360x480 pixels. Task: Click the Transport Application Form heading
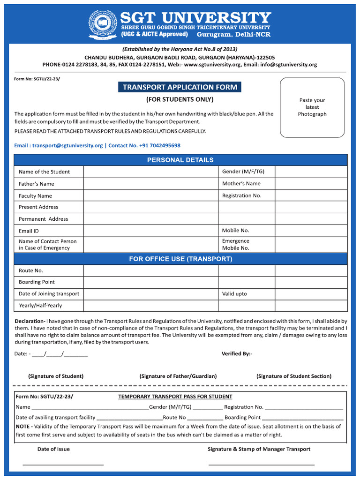point(180,87)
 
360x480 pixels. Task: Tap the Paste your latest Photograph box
point(312,107)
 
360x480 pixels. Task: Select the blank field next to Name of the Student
point(150,172)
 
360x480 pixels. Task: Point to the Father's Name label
point(37,184)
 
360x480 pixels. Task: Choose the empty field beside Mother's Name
point(311,184)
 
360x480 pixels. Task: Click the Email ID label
point(29,231)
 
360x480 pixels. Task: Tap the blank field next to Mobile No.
point(311,231)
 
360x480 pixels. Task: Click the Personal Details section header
point(180,160)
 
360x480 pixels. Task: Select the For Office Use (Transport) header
point(180,259)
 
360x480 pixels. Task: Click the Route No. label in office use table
point(31,270)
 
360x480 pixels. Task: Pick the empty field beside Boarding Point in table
point(150,282)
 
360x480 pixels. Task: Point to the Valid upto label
point(234,294)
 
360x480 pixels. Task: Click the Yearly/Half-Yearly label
point(40,306)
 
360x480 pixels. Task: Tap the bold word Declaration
point(30,321)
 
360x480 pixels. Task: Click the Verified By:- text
point(237,353)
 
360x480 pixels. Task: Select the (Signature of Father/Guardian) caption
point(178,376)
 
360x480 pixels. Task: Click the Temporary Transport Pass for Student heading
point(175,397)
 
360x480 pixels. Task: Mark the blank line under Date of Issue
point(63,464)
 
